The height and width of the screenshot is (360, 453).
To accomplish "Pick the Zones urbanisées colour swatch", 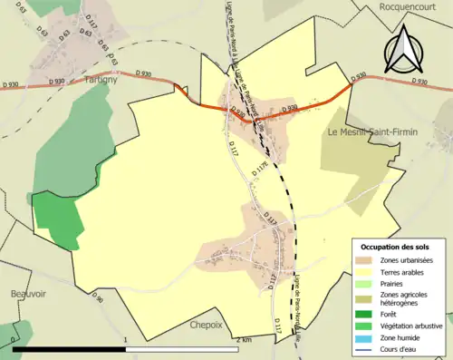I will [365, 261].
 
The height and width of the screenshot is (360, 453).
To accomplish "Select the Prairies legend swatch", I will [365, 283].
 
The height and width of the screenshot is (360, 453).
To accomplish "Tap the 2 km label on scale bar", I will [241, 339].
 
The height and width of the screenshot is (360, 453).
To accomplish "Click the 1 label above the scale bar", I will [124, 338].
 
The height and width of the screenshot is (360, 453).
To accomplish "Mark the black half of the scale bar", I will [68, 348].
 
